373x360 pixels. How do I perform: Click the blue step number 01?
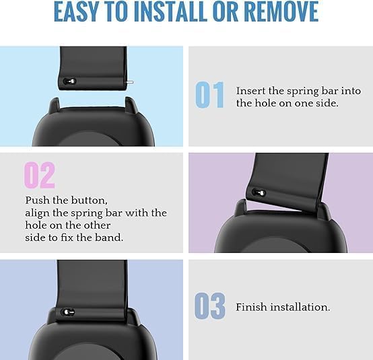(x=209, y=95)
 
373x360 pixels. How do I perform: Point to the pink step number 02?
(x=40, y=175)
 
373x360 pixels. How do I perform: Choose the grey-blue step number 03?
(x=209, y=306)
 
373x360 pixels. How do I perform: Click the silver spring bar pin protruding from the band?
(x=129, y=82)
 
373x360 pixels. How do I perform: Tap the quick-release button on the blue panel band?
(x=69, y=81)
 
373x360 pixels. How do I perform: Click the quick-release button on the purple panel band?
(x=259, y=192)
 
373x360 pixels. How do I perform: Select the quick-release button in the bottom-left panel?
(x=67, y=312)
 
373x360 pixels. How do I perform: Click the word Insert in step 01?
(x=250, y=91)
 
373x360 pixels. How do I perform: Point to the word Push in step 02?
(x=37, y=201)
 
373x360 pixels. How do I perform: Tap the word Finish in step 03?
(x=250, y=307)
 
